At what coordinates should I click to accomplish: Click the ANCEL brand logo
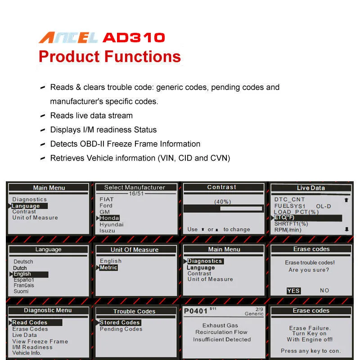point(68,38)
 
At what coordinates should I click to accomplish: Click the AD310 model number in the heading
point(134,37)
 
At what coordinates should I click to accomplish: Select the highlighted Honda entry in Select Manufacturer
point(109,218)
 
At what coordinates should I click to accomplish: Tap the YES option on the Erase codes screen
point(293,291)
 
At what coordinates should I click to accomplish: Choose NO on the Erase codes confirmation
point(324,290)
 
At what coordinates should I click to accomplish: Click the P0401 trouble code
point(195,311)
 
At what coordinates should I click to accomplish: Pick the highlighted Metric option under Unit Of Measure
point(108,267)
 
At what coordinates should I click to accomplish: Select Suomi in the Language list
point(21,291)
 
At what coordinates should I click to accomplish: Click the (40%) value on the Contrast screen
point(222,202)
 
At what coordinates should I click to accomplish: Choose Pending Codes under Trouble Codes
point(121,329)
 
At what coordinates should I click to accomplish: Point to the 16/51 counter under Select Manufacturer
point(136,193)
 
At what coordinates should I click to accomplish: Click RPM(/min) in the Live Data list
point(288,230)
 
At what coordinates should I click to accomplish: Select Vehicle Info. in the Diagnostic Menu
point(27,353)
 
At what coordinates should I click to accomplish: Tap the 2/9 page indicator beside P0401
point(259,309)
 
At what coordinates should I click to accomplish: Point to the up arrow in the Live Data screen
point(346,200)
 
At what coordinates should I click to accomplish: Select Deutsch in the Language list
point(23,262)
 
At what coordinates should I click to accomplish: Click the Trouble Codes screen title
point(134,311)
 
